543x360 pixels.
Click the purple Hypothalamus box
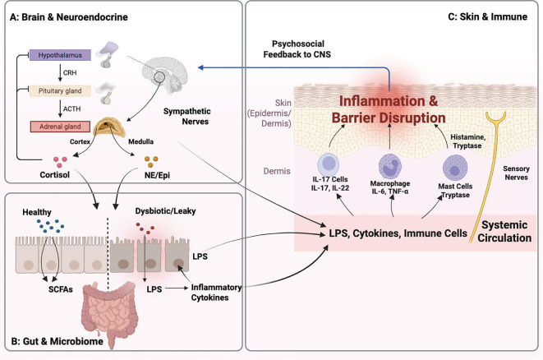60,55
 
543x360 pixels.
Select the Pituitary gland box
60,90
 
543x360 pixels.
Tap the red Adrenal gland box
60,127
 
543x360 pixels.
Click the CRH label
70,73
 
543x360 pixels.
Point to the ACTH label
71,108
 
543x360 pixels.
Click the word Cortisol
55,174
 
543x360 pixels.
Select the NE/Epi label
157,175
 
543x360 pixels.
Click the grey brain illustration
165,75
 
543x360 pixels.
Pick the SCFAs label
61,289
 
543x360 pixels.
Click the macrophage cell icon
390,167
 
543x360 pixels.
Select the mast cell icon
455,168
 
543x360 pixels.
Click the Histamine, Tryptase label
468,141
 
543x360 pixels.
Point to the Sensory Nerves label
516,173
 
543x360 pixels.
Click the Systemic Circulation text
504,232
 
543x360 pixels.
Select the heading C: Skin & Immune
488,16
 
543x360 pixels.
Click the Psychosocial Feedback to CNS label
297,48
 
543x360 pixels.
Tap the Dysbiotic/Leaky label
166,211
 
